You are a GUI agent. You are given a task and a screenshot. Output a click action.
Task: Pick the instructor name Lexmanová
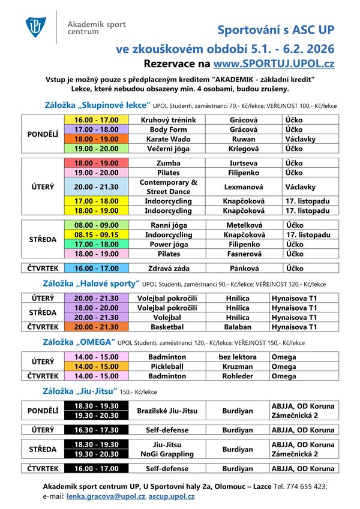(244, 186)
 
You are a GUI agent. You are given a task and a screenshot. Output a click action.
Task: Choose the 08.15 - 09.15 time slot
(96, 234)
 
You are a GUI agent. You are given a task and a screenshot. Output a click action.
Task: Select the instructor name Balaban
(244, 327)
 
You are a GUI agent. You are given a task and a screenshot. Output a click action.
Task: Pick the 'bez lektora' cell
(244, 357)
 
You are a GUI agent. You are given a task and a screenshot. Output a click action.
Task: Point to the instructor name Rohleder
(244, 376)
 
